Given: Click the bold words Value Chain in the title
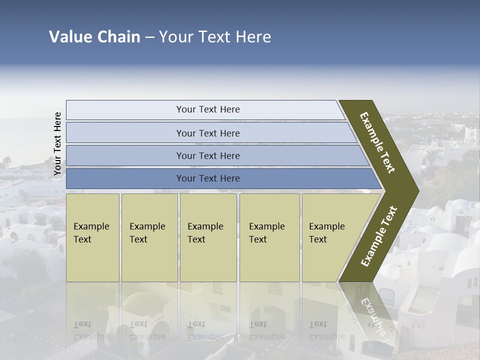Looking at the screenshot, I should (x=94, y=37).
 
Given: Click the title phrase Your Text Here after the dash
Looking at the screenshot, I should (x=215, y=37).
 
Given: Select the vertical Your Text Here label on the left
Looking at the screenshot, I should (x=57, y=143).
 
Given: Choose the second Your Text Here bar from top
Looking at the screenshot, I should (x=208, y=133).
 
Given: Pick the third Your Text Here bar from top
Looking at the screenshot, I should (x=208, y=155).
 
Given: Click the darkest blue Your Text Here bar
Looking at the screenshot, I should (x=208, y=178).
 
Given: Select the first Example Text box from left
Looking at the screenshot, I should (x=92, y=237).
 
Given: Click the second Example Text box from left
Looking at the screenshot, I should (x=149, y=237).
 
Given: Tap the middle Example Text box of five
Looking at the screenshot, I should (x=208, y=237).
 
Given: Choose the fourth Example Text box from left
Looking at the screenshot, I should (x=269, y=237).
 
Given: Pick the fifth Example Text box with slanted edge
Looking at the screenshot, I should (x=330, y=237).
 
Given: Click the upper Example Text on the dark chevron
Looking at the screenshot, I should (x=377, y=142).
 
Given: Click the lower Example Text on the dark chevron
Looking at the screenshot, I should (x=378, y=236).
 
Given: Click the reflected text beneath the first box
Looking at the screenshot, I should (x=91, y=330).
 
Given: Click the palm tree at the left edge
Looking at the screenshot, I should (x=7, y=161).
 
